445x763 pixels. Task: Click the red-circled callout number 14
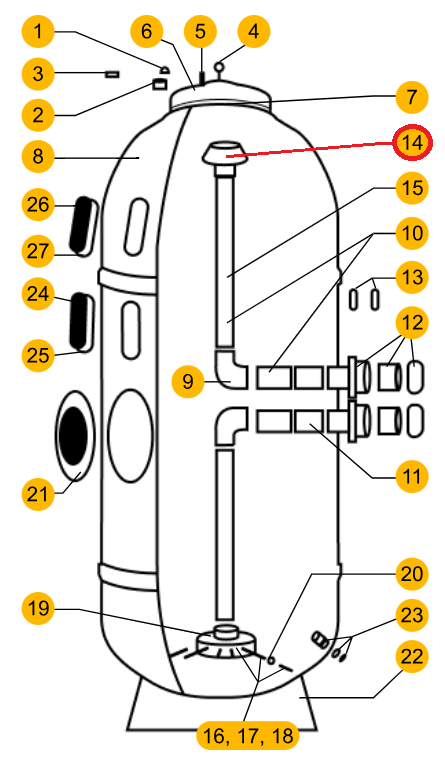click(x=412, y=143)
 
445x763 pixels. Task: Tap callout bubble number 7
click(x=412, y=97)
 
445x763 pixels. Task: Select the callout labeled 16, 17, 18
click(x=248, y=736)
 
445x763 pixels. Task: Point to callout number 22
click(x=412, y=657)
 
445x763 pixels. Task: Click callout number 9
click(x=188, y=381)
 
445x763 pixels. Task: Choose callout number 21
click(x=38, y=494)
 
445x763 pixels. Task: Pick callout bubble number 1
click(x=38, y=32)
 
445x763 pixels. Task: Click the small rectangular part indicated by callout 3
click(x=112, y=74)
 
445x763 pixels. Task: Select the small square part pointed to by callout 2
click(x=160, y=84)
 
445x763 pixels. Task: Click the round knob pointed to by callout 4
click(x=220, y=65)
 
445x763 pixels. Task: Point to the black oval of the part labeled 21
click(x=73, y=436)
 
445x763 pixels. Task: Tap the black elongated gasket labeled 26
click(x=81, y=224)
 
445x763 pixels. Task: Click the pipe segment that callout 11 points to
click(x=309, y=421)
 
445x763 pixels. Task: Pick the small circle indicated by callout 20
click(x=271, y=660)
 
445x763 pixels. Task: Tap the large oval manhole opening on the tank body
click(x=130, y=436)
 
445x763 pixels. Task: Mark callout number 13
click(x=412, y=277)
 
